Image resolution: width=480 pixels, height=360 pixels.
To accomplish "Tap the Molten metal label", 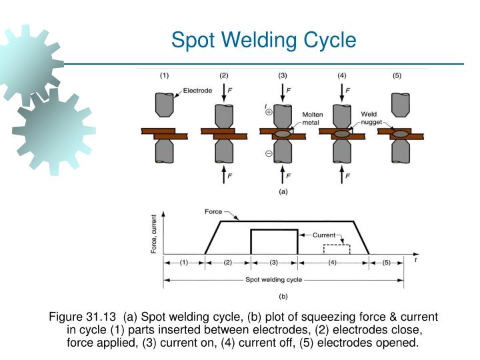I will tap(313, 117).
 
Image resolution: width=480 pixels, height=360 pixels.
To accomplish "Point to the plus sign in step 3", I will tap(269, 113).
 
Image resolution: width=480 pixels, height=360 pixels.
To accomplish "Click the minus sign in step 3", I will tap(269, 154).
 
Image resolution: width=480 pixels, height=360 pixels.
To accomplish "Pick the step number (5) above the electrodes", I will tap(397, 75).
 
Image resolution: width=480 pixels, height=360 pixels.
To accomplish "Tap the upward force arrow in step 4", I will tap(339, 175).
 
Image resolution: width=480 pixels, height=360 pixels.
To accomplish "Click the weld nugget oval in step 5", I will tap(401, 134).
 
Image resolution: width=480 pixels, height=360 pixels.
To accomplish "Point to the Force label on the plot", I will tap(213, 212).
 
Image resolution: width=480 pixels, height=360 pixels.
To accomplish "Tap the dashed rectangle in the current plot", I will tap(333, 249).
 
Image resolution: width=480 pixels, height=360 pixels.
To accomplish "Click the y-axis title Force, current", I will tap(155, 233).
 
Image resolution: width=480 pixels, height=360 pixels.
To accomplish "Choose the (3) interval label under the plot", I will tap(274, 262).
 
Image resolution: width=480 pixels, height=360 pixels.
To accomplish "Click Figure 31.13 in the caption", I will tap(77, 317).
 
